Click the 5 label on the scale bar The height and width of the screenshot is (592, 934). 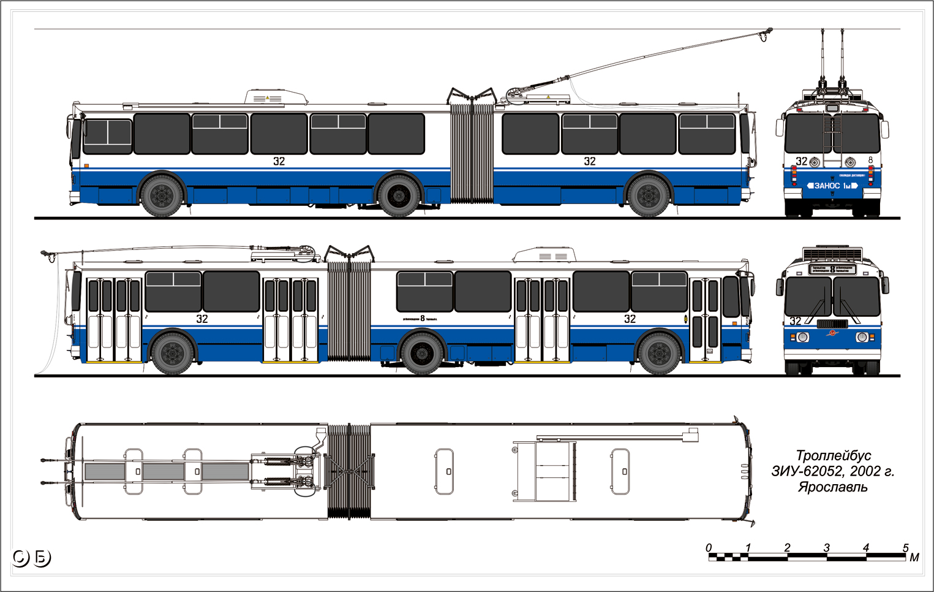click(905, 547)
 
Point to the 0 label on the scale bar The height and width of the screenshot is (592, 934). click(709, 547)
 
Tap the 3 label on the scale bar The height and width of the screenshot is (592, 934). click(826, 547)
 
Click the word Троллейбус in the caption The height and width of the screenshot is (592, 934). click(833, 455)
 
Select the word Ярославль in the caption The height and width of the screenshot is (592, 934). click(832, 487)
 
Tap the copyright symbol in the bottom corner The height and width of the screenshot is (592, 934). click(20, 558)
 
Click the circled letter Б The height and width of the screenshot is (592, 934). click(42, 558)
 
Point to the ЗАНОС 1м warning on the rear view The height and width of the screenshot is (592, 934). click(832, 185)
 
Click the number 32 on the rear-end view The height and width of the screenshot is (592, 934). click(801, 161)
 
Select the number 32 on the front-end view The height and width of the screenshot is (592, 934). click(795, 321)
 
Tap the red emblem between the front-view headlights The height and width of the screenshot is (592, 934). click(832, 334)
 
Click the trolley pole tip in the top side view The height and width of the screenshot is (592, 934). click(769, 30)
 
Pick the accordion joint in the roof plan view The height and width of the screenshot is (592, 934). click(349, 471)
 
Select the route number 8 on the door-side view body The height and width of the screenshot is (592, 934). click(423, 318)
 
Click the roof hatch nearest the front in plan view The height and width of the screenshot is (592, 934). click(620, 471)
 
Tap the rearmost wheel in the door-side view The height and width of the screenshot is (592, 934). click(173, 353)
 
